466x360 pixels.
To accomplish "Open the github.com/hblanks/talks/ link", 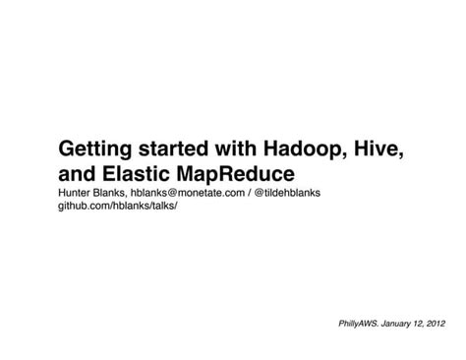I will click(x=118, y=210).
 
